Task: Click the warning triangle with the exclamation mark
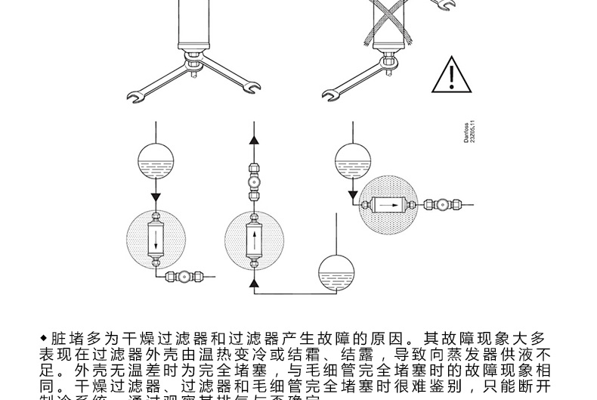pos(451,76)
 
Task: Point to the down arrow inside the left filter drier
pos(156,241)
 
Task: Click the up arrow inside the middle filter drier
pos(255,241)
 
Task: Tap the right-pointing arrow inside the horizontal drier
pos(388,204)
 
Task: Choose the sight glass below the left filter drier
pos(181,277)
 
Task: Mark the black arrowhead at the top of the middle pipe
pos(255,138)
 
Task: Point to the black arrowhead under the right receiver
pos(352,196)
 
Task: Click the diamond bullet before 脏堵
pos(43,336)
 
